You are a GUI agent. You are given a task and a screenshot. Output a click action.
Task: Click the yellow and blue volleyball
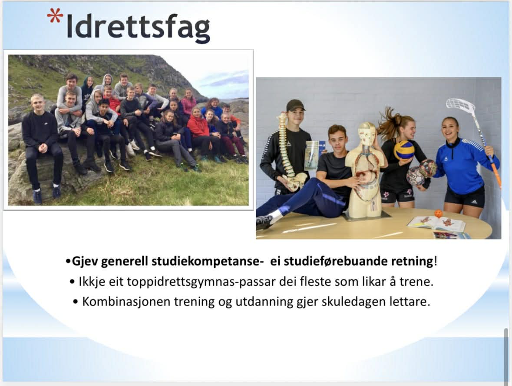(x=404, y=150)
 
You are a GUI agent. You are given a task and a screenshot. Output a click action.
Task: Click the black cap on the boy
(x=295, y=105)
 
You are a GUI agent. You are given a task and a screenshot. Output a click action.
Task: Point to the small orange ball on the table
(x=439, y=214)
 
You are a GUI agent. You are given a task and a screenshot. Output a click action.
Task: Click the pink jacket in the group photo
(x=189, y=105)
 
